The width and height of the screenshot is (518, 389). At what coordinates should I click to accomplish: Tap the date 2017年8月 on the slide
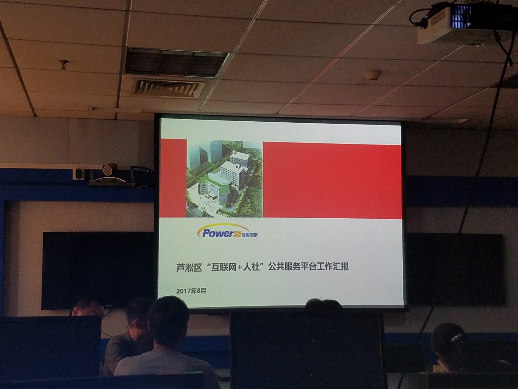tap(191, 291)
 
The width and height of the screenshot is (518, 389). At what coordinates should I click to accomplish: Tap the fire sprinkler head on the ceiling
tap(63, 65)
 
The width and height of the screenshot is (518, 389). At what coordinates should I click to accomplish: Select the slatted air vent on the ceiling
tap(168, 87)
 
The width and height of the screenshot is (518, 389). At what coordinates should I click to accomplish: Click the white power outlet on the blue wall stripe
tap(78, 173)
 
